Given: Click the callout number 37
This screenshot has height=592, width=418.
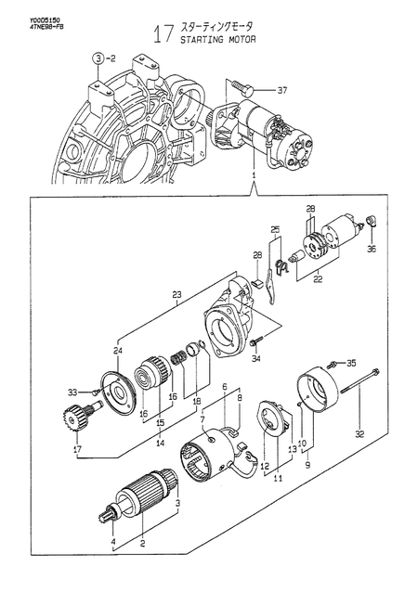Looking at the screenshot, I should [283, 90].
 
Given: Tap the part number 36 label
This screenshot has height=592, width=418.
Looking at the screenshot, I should [372, 249].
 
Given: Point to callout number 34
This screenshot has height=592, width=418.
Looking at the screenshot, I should [256, 357].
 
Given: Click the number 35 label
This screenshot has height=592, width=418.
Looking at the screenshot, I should [351, 362].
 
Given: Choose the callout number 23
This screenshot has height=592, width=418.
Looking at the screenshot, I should [176, 296].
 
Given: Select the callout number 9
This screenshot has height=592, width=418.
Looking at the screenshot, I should [307, 465].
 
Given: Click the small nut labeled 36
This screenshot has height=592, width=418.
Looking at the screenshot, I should [372, 221].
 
